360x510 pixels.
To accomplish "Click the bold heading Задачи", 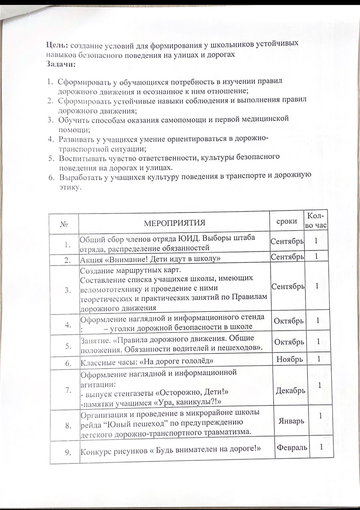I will [61, 64].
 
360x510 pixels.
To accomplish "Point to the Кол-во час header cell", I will [316, 221].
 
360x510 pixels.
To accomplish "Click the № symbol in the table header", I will [65, 224].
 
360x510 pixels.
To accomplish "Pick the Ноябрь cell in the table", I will [289, 360].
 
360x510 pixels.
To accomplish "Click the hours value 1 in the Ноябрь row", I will [318, 359].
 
